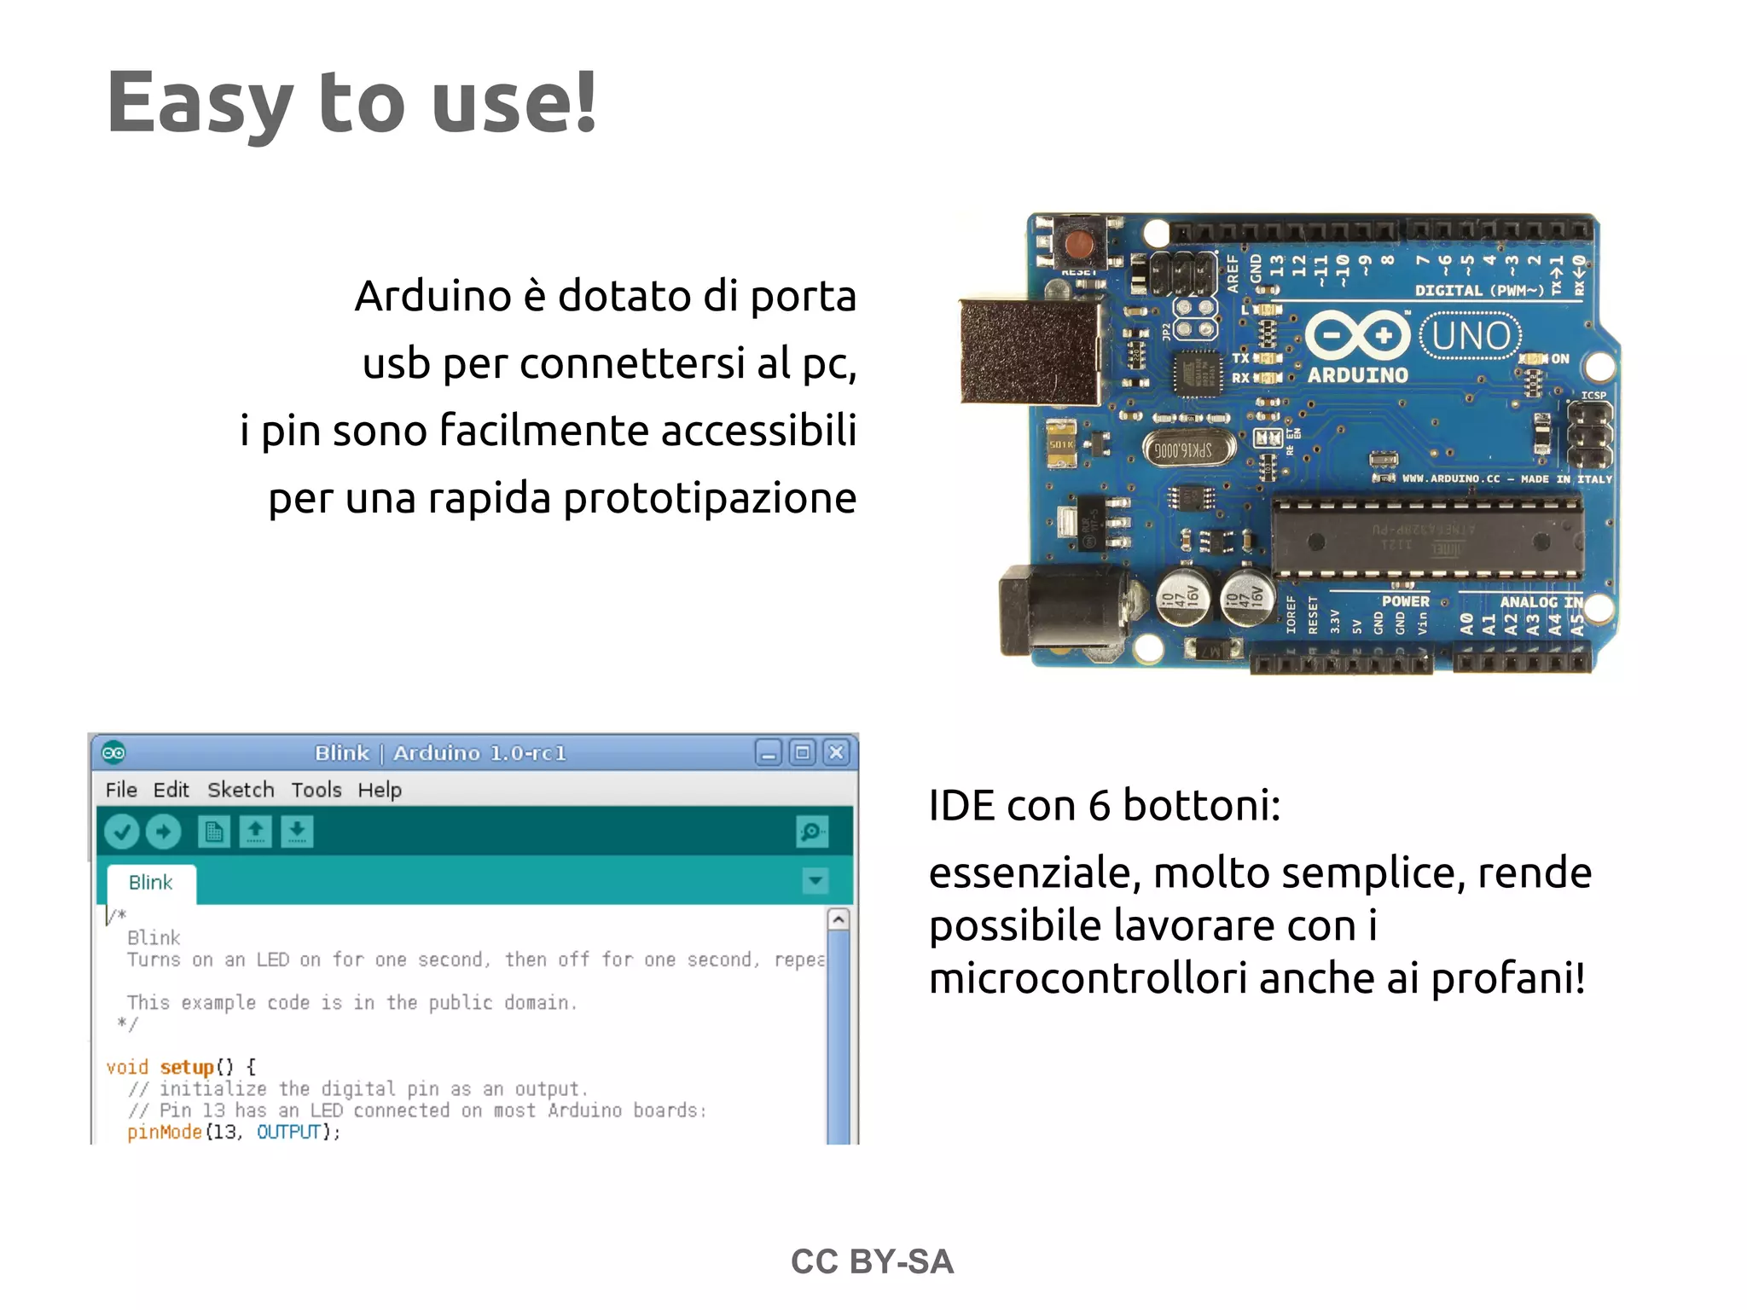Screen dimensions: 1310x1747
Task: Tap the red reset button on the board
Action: [1080, 244]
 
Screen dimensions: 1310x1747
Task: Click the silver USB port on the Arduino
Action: [1030, 351]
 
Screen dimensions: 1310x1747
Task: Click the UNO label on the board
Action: [1471, 336]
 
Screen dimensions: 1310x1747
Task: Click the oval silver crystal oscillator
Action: [1189, 449]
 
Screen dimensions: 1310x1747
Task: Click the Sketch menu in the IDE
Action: [241, 790]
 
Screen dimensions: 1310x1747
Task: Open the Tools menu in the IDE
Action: [316, 790]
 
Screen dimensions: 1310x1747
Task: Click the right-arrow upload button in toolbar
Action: [163, 832]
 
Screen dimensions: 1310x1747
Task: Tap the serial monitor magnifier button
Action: [811, 832]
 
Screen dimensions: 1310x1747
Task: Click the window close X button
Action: [837, 752]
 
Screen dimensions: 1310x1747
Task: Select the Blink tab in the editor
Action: [151, 883]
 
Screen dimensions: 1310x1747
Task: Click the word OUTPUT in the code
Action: [288, 1132]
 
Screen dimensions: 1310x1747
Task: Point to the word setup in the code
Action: [187, 1067]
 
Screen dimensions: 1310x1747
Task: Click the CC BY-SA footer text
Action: [872, 1261]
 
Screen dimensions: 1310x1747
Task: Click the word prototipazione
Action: [710, 498]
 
